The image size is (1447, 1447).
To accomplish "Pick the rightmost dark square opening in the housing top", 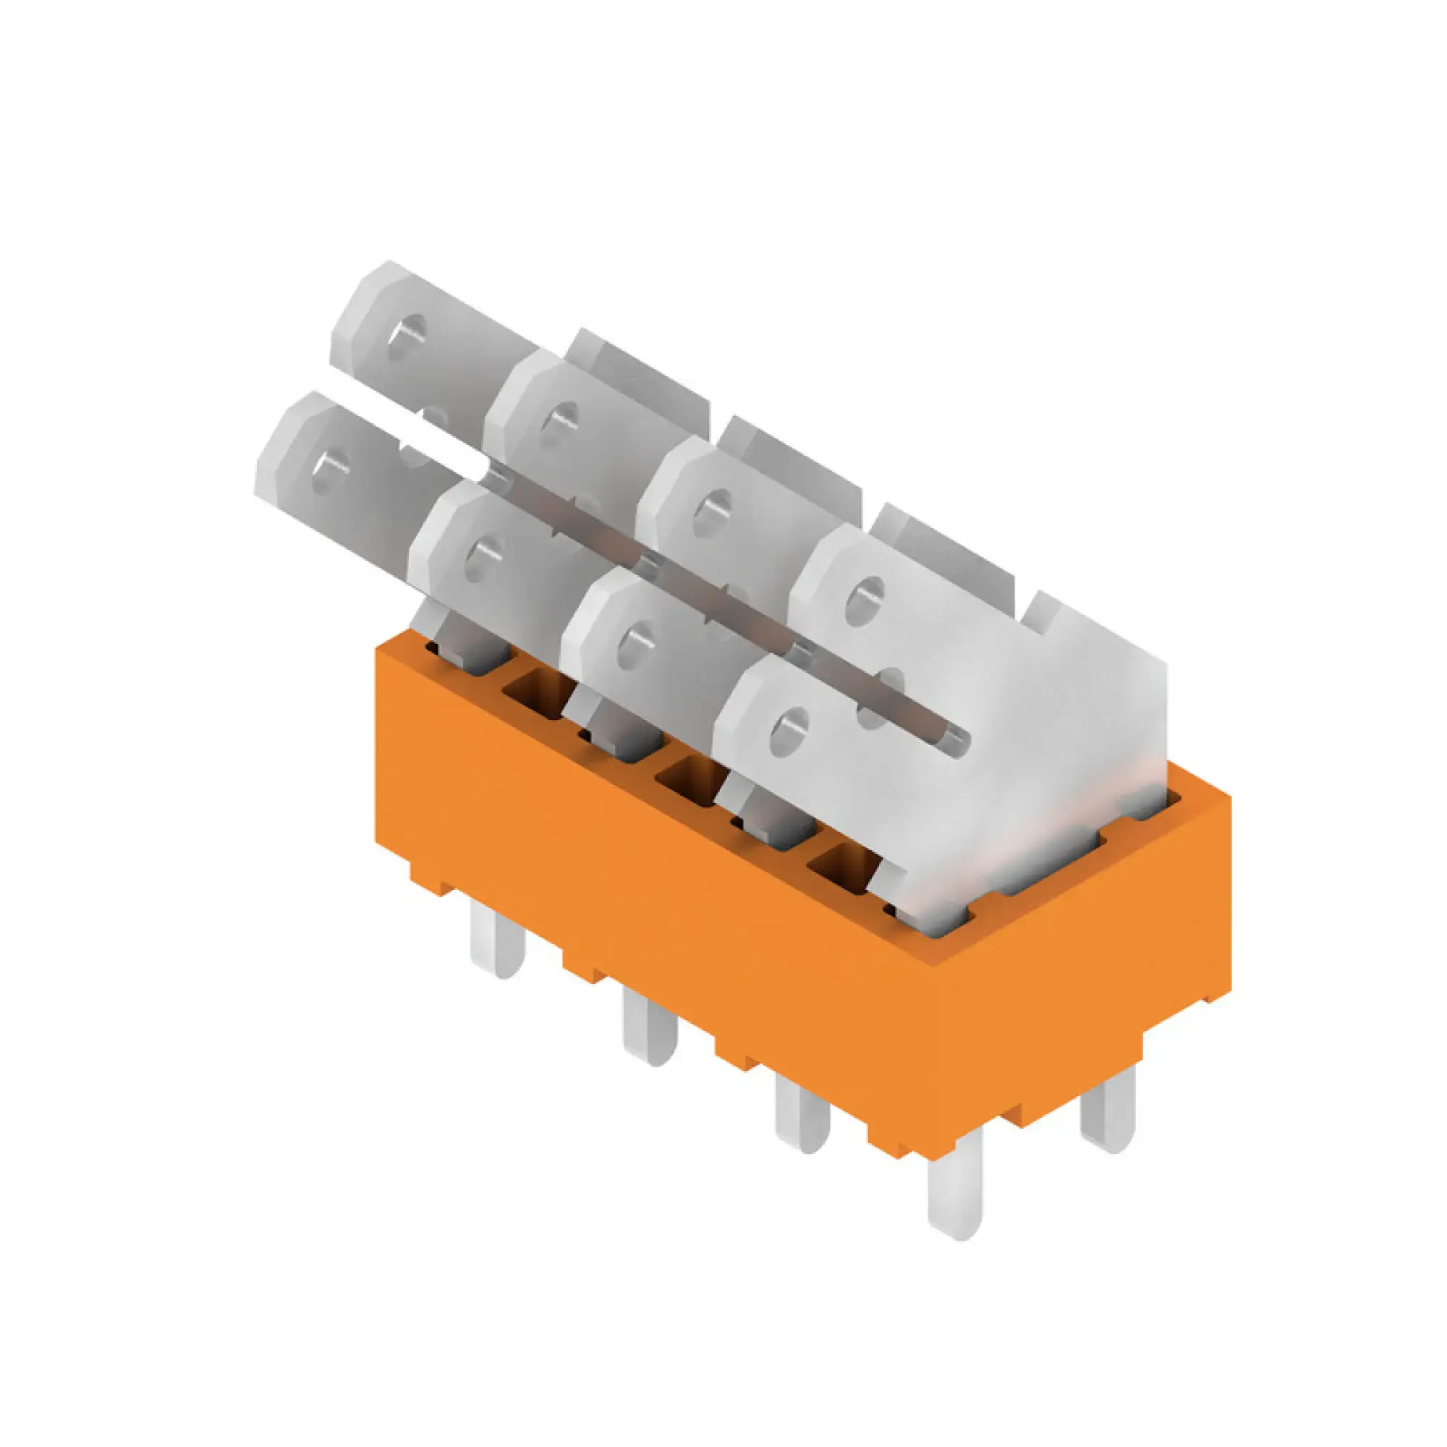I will (x=839, y=867).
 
